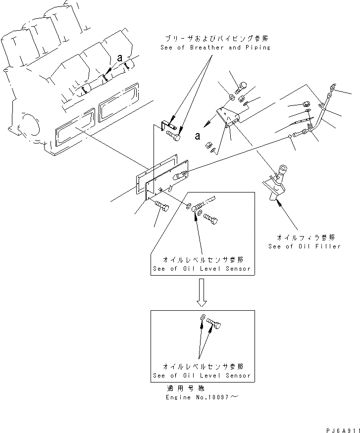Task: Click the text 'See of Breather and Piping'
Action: coord(215,48)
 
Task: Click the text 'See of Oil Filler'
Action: coord(305,246)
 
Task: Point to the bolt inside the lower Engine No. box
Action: coord(215,322)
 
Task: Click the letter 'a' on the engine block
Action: coord(119,58)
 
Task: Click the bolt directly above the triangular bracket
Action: coord(241,88)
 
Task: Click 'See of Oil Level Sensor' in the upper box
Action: coord(202,269)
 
